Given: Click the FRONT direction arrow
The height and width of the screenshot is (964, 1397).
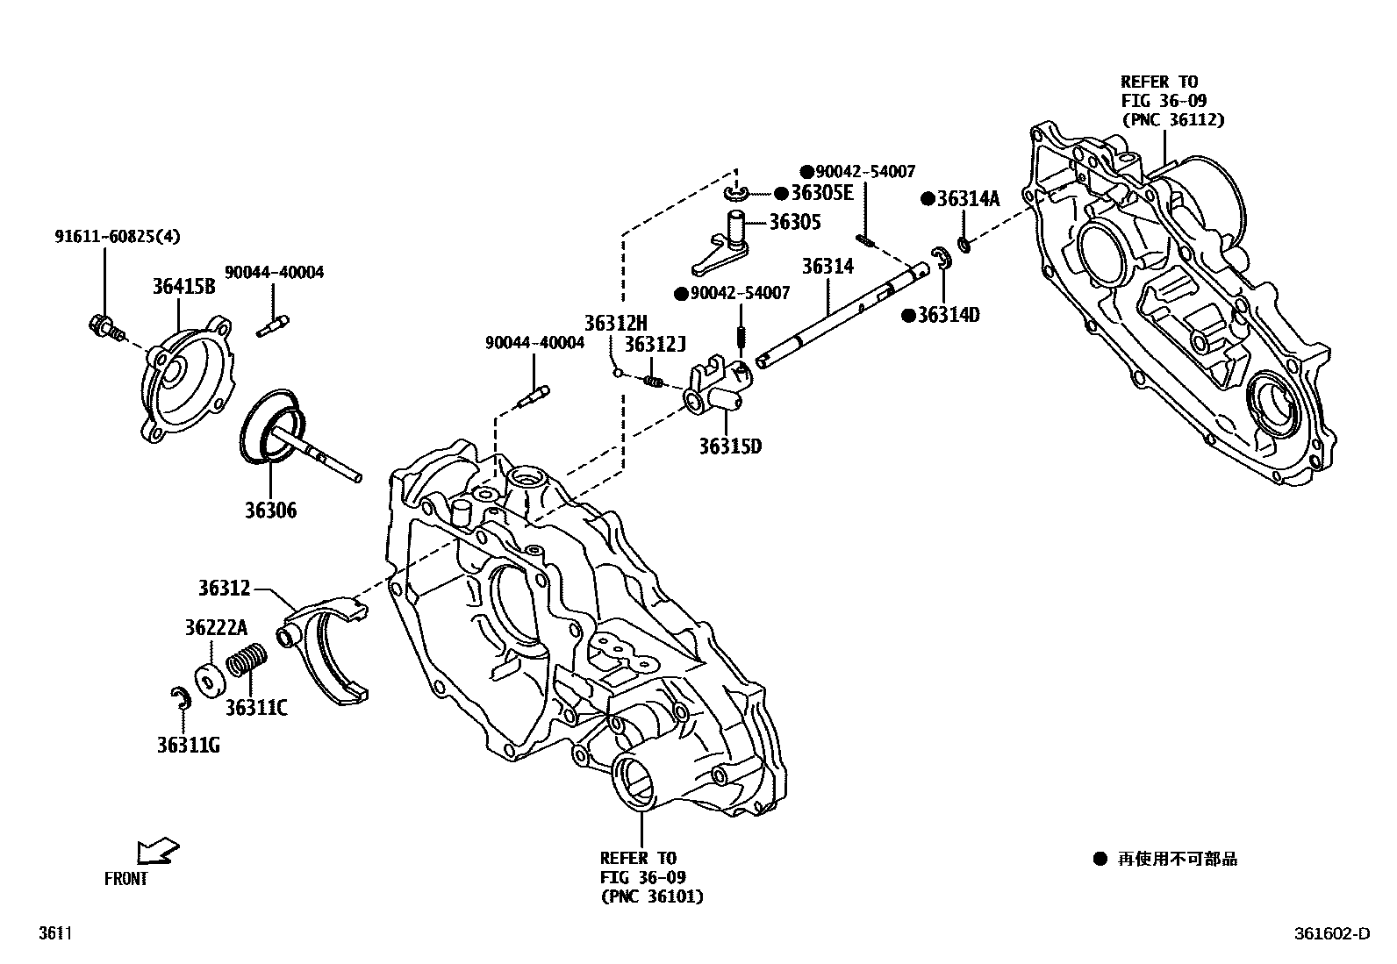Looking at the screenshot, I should [x=158, y=851].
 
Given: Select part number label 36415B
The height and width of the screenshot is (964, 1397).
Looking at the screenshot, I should [x=183, y=287].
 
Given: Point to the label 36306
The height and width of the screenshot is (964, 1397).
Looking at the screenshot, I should [x=270, y=511].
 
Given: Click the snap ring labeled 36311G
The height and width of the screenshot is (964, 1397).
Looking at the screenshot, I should [x=181, y=698].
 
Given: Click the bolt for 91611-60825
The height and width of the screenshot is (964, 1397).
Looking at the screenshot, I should [x=104, y=326].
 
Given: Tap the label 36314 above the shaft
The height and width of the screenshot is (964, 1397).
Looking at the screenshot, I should [x=828, y=266].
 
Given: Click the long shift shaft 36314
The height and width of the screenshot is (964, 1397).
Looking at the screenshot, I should [x=842, y=316].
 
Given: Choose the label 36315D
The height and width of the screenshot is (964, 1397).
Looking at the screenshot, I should [x=730, y=447].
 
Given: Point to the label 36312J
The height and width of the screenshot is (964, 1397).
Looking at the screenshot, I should [x=655, y=345].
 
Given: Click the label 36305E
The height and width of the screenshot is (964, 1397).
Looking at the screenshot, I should [x=821, y=193].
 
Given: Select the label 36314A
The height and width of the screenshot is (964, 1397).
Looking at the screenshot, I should [x=968, y=199].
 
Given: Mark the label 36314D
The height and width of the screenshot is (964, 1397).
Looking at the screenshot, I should [x=948, y=316].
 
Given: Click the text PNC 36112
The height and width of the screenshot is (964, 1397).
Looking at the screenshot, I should [x=1172, y=120].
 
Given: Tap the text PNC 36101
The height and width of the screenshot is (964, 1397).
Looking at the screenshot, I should [x=652, y=896].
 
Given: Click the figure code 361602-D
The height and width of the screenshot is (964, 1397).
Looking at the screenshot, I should [x=1329, y=934].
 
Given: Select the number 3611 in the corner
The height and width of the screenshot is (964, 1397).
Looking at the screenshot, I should [x=53, y=934].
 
